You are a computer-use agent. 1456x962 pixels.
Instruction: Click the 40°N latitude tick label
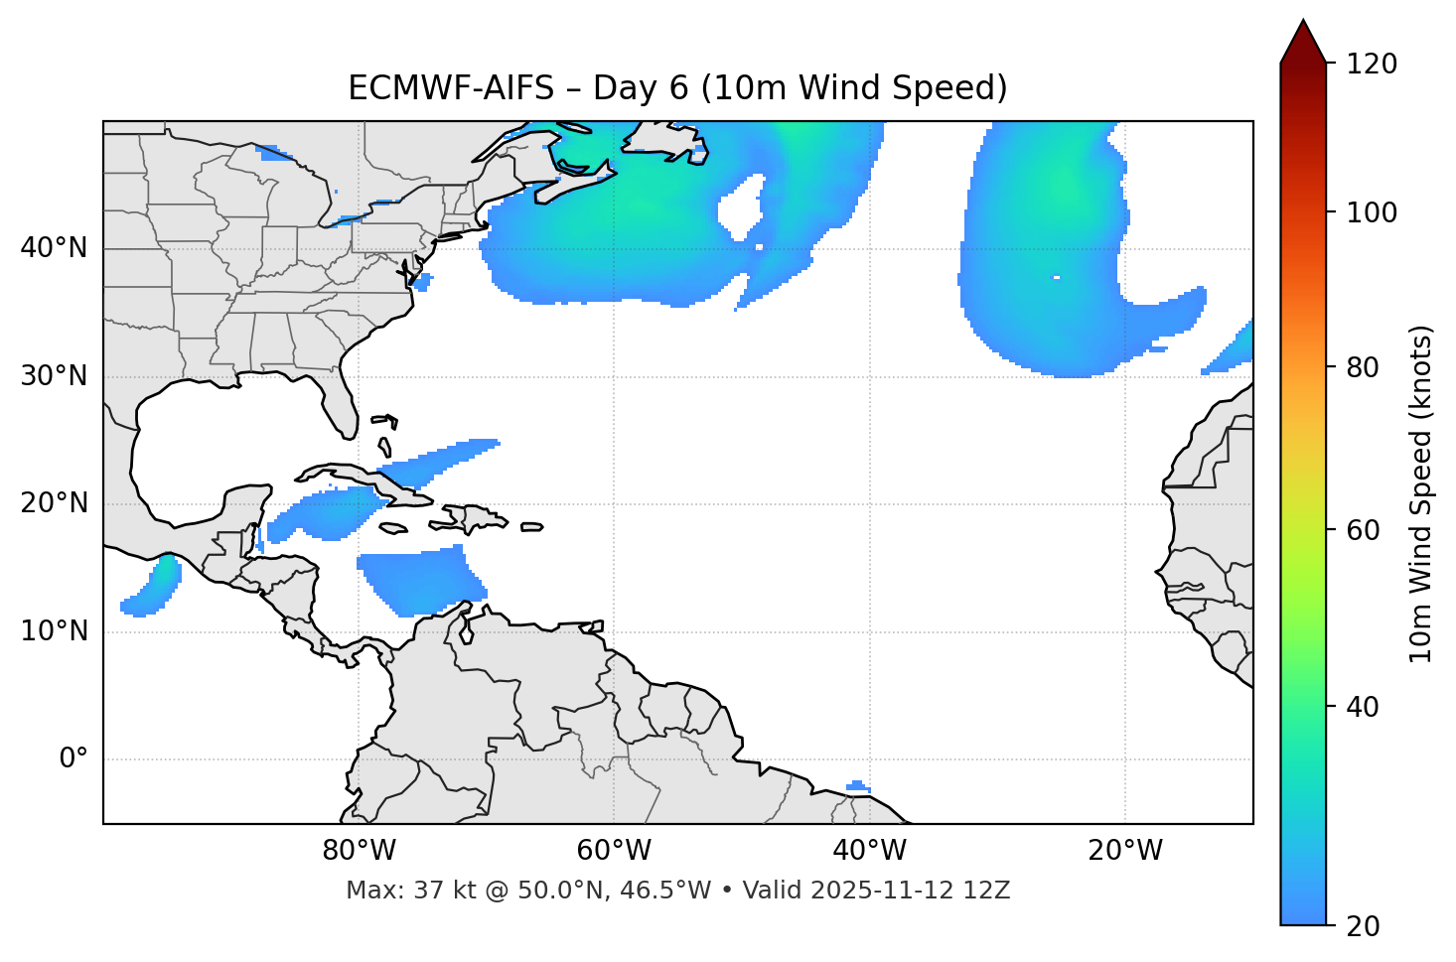pyautogui.click(x=54, y=248)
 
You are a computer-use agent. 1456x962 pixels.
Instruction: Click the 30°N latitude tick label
pyautogui.click(x=54, y=376)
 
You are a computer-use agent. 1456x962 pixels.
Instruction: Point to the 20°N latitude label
pyautogui.click(x=54, y=503)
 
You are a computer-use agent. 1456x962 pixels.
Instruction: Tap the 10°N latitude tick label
pyautogui.click(x=54, y=631)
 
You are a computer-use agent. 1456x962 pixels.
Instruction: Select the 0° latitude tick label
pyautogui.click(x=73, y=759)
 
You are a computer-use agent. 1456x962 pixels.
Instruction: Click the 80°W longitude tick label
pyautogui.click(x=359, y=851)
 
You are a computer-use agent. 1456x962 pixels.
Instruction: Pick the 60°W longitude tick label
pyautogui.click(x=614, y=851)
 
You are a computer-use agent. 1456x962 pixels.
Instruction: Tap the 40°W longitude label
pyautogui.click(x=869, y=851)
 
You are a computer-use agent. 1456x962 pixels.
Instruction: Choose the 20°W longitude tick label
pyautogui.click(x=1124, y=851)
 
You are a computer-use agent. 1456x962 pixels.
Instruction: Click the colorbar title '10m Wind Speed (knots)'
pyautogui.click(x=1421, y=493)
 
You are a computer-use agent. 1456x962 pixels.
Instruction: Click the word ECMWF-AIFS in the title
pyautogui.click(x=451, y=88)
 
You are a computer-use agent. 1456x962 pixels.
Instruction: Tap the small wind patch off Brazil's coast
pyautogui.click(x=858, y=787)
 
